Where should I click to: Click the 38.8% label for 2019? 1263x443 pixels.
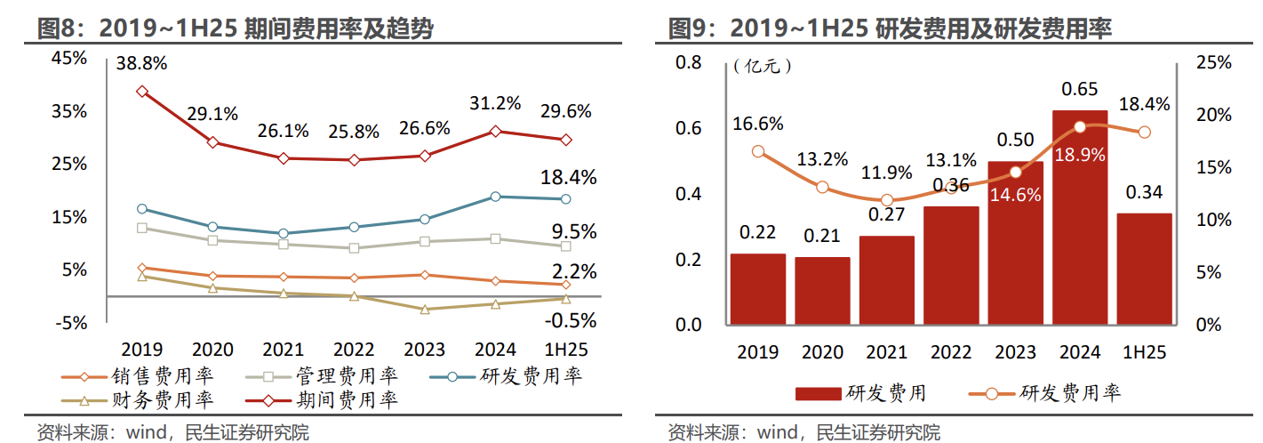tap(141, 64)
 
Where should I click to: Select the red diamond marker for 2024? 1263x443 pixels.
tap(496, 131)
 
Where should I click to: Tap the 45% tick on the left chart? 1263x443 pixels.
tap(70, 58)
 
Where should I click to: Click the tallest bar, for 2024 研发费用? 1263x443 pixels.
tap(1080, 217)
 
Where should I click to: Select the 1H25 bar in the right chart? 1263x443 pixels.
tap(1144, 269)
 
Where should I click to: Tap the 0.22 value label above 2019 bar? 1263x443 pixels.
tap(757, 233)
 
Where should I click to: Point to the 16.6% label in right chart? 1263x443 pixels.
tap(757, 124)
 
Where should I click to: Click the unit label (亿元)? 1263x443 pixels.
tap(763, 66)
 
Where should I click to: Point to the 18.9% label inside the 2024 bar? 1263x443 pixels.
tap(1080, 154)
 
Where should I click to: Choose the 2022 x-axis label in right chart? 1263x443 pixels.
tap(950, 351)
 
